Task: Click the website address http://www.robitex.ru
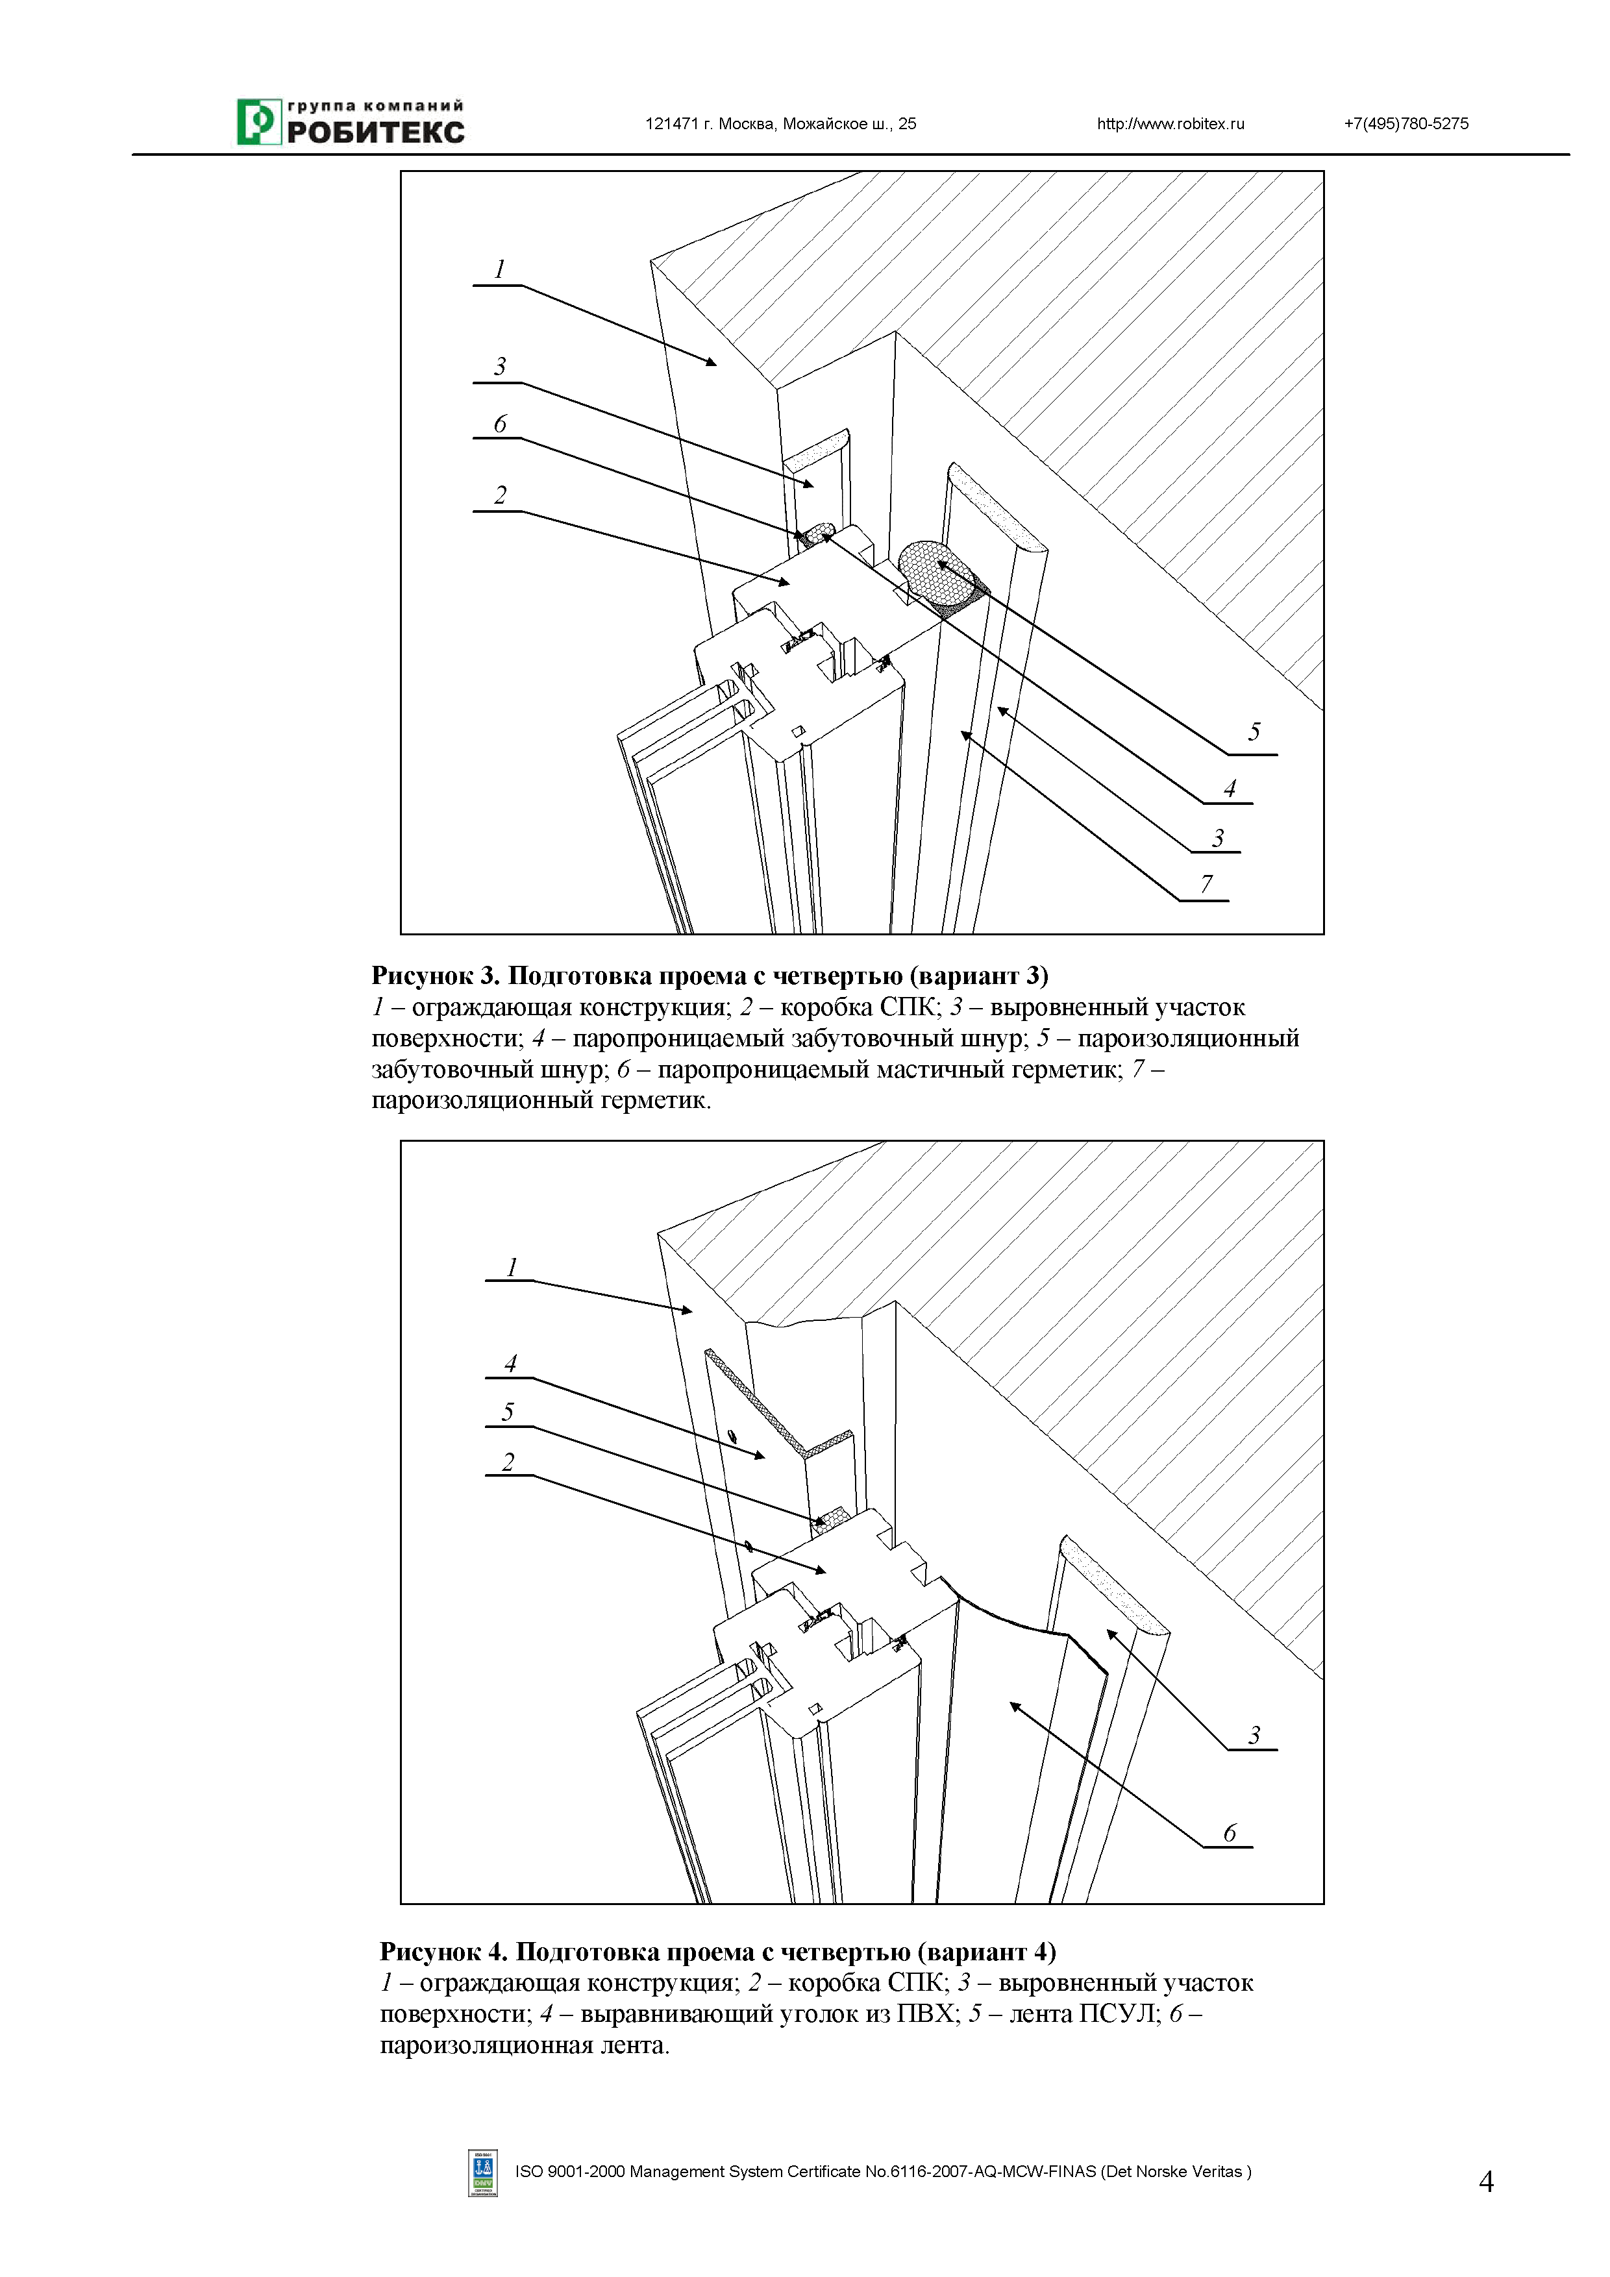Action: pos(1170,124)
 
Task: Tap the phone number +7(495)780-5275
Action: pos(1406,124)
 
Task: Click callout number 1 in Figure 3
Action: pos(500,269)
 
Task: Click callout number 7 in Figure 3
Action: pos(1206,883)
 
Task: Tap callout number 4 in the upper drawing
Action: pos(1230,789)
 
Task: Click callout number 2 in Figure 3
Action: pos(500,495)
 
